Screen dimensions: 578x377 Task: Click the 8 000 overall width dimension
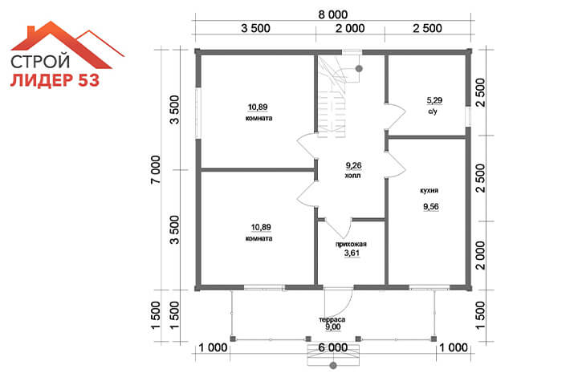click(x=333, y=14)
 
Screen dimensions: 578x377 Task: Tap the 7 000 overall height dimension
click(x=156, y=170)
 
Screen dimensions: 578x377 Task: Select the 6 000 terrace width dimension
click(x=332, y=347)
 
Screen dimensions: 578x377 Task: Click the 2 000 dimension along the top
click(x=350, y=28)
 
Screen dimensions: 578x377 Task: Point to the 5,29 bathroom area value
click(x=434, y=100)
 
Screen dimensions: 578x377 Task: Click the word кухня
click(x=429, y=191)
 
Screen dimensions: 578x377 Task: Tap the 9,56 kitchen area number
click(x=431, y=206)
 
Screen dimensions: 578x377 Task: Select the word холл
click(x=352, y=176)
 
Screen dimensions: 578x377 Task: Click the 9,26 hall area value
click(x=353, y=166)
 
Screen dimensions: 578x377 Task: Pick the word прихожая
click(x=351, y=244)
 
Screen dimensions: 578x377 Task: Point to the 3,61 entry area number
click(x=352, y=253)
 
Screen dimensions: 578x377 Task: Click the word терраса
click(x=332, y=320)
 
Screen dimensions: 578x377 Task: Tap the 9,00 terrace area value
click(x=333, y=327)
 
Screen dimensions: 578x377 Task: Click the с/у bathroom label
click(x=433, y=111)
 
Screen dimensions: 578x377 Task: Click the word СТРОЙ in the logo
click(x=40, y=61)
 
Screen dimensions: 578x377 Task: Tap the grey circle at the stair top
click(x=359, y=68)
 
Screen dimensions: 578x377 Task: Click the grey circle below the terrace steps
click(x=333, y=366)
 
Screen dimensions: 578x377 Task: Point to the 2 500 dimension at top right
click(x=427, y=28)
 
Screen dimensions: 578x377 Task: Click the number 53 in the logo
click(x=88, y=80)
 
